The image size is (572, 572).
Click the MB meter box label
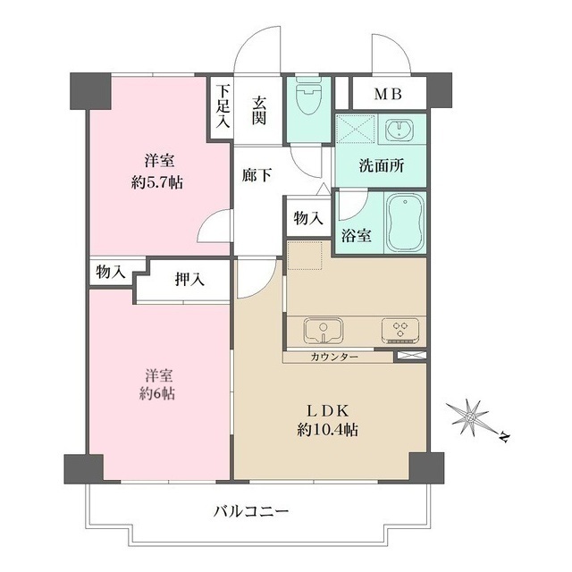coord(388,94)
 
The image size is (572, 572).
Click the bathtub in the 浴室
coord(405,223)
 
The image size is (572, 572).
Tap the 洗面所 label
coord(381,166)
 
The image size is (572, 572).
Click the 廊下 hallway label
coord(257,175)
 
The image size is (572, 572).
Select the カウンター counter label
coord(335,357)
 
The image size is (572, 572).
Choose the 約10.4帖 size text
coord(331,431)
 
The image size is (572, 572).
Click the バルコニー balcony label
coord(251,512)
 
